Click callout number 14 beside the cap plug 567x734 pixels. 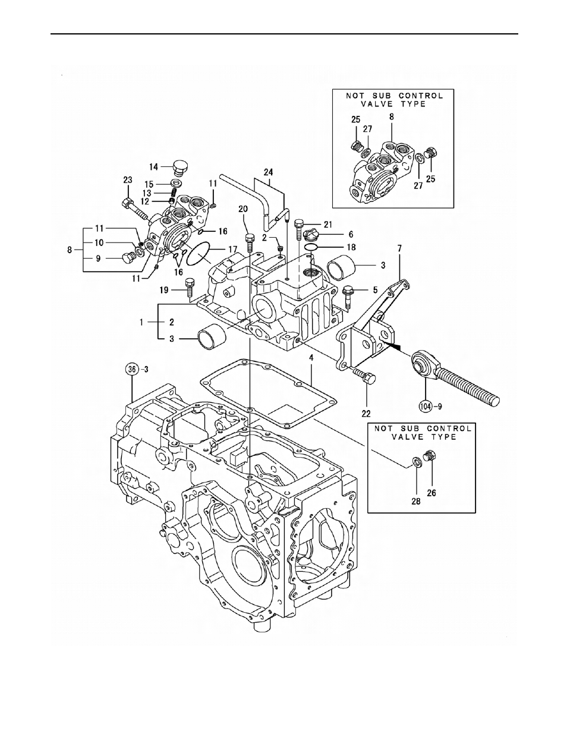pos(154,166)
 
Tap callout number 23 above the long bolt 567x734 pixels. pos(128,179)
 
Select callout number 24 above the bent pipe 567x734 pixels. pos(268,172)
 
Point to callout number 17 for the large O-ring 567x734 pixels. pos(232,250)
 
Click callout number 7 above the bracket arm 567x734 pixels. pos(399,248)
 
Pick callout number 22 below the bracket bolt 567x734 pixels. pos(366,414)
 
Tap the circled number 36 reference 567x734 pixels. pos(132,369)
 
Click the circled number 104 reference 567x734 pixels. pos(426,406)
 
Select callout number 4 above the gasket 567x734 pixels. pos(311,358)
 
